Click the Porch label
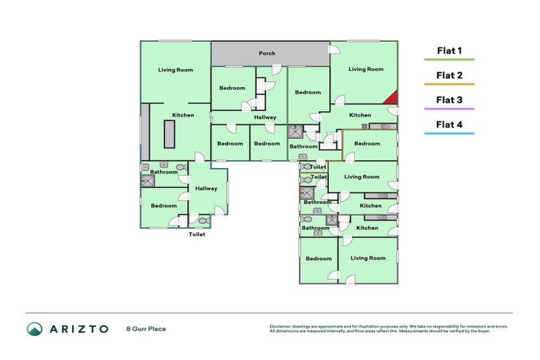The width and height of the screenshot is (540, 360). [267, 53]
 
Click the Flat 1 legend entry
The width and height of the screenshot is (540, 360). [449, 51]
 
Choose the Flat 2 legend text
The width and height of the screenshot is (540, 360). [449, 75]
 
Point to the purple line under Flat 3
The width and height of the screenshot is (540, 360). [449, 109]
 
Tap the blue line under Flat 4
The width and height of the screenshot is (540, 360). [449, 134]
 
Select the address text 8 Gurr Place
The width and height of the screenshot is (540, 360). [146, 328]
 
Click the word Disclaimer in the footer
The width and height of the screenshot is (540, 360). [282, 326]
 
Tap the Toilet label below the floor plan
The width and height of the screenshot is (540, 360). [197, 234]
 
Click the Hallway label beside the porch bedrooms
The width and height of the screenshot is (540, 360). [265, 117]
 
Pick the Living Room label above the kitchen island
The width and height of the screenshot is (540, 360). [175, 70]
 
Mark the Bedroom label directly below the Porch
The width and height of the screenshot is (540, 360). [232, 88]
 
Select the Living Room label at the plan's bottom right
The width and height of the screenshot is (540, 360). [368, 258]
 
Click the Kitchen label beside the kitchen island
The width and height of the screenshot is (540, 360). [183, 115]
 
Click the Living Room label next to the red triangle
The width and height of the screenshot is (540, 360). [366, 69]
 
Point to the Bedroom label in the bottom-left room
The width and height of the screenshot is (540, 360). [164, 205]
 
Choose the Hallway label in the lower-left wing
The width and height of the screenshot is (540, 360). [206, 188]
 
